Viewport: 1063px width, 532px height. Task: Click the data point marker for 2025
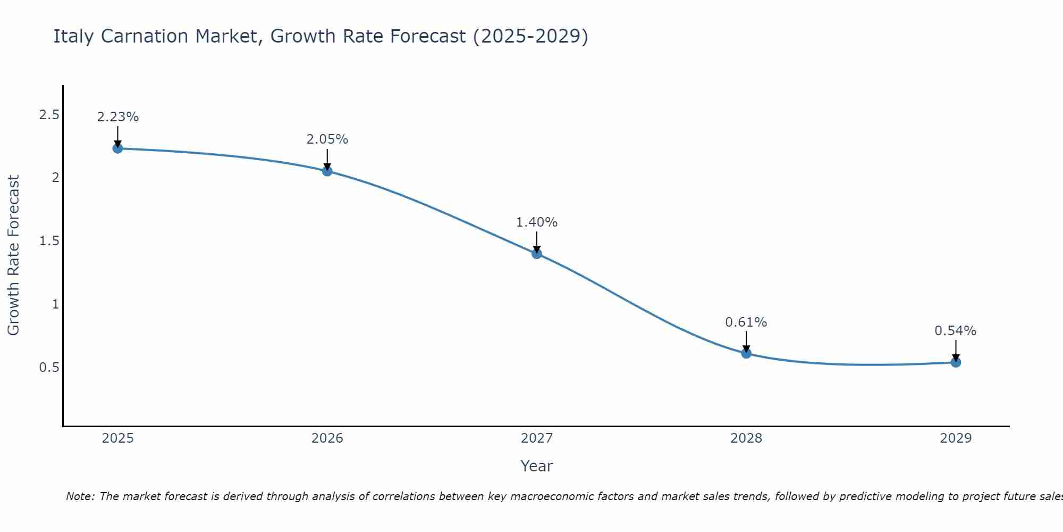pos(118,148)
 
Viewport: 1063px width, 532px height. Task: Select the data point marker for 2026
pos(327,171)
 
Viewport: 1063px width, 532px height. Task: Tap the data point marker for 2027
pos(537,253)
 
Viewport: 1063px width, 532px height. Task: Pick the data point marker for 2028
pos(746,353)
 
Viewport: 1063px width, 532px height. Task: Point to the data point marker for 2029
pos(956,362)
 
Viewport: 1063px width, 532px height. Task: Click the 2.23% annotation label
pos(118,117)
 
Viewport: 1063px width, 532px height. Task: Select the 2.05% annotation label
pos(327,139)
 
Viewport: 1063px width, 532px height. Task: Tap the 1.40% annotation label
pos(537,222)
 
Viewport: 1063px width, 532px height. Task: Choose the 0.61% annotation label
pos(746,322)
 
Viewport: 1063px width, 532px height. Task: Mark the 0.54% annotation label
pos(956,331)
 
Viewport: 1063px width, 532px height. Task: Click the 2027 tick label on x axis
pos(537,438)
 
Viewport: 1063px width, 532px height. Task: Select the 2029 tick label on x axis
pos(956,438)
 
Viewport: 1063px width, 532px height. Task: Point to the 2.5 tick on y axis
pos(49,115)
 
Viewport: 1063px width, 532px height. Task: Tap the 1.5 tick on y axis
pos(49,241)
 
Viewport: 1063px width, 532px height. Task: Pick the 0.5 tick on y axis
pos(49,368)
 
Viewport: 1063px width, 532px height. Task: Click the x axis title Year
pos(537,466)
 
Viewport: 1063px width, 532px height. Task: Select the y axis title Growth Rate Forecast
pos(13,255)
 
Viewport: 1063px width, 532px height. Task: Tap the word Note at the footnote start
pos(80,496)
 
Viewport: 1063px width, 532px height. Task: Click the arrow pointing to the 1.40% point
pos(537,243)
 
